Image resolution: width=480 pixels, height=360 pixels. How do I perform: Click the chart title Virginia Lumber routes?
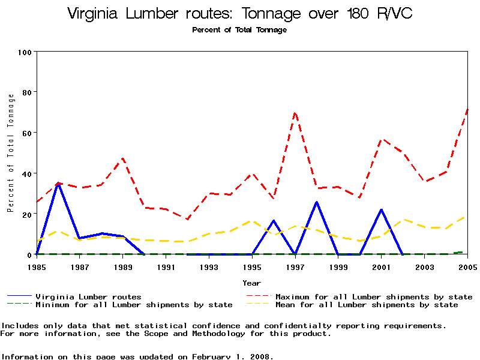[x=239, y=13]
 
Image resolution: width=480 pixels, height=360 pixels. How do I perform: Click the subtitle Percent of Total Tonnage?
[x=239, y=30]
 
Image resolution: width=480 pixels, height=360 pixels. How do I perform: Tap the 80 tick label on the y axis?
[x=26, y=92]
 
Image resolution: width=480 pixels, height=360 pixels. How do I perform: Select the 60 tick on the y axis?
[x=26, y=133]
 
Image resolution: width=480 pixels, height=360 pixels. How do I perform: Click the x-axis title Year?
[x=251, y=283]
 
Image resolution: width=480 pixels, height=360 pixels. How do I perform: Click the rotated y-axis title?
[x=10, y=153]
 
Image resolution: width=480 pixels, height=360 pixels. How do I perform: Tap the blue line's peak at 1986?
[x=58, y=183]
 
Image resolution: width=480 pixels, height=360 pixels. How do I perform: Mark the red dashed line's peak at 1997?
[x=295, y=112]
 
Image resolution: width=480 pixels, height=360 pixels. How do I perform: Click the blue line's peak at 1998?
[x=316, y=202]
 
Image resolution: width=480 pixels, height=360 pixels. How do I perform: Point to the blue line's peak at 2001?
[x=381, y=209]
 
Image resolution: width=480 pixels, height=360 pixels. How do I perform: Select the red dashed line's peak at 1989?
[x=123, y=158]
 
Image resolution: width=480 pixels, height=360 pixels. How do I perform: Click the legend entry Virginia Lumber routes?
[x=88, y=296]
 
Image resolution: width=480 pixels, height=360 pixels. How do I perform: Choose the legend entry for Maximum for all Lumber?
[x=374, y=296]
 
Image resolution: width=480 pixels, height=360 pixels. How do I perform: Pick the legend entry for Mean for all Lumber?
[x=367, y=305]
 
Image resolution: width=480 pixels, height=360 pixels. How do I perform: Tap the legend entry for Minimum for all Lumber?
[x=134, y=305]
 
